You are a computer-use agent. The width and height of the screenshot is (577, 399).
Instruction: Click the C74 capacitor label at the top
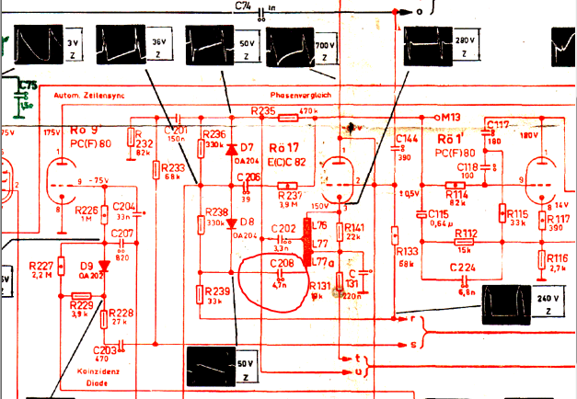coord(243,6)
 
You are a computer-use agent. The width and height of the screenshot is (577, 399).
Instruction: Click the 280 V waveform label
coord(464,40)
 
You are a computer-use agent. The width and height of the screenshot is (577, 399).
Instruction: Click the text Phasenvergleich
coord(301,96)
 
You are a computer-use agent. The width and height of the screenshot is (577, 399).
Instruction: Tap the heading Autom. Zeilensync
coord(89,96)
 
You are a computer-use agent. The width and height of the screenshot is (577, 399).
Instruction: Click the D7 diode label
coord(247,147)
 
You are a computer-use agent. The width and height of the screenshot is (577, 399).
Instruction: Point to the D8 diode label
coord(246,222)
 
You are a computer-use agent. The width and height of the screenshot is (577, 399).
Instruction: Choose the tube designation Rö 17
coord(282,147)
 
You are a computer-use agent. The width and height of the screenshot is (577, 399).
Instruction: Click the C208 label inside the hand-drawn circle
coord(283,265)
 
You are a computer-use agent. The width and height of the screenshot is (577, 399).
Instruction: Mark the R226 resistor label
coord(86,210)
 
